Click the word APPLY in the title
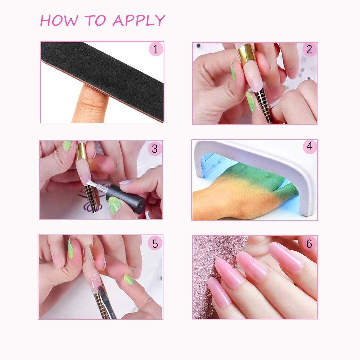pyautogui.click(x=139, y=21)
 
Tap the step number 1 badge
pyautogui.click(x=155, y=50)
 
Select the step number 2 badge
pyautogui.click(x=309, y=50)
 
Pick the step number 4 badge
pyautogui.click(x=310, y=147)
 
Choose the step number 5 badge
pyautogui.click(x=155, y=244)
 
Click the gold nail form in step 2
pyautogui.click(x=246, y=53)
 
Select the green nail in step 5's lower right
pyautogui.click(x=129, y=279)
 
